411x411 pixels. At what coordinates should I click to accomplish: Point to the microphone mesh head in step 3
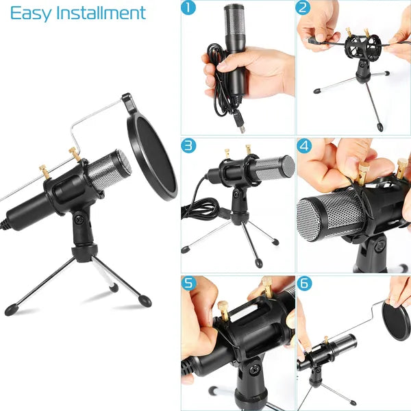[275, 167]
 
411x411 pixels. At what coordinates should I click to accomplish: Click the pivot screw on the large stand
[80, 220]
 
